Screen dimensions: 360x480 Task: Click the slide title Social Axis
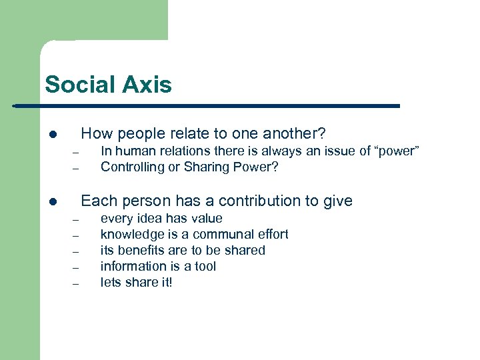tap(108, 85)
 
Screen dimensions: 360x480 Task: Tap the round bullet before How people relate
tap(52, 134)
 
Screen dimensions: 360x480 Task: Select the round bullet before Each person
tap(52, 201)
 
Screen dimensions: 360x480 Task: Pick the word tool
tap(205, 267)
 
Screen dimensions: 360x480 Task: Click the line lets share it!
tap(136, 283)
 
